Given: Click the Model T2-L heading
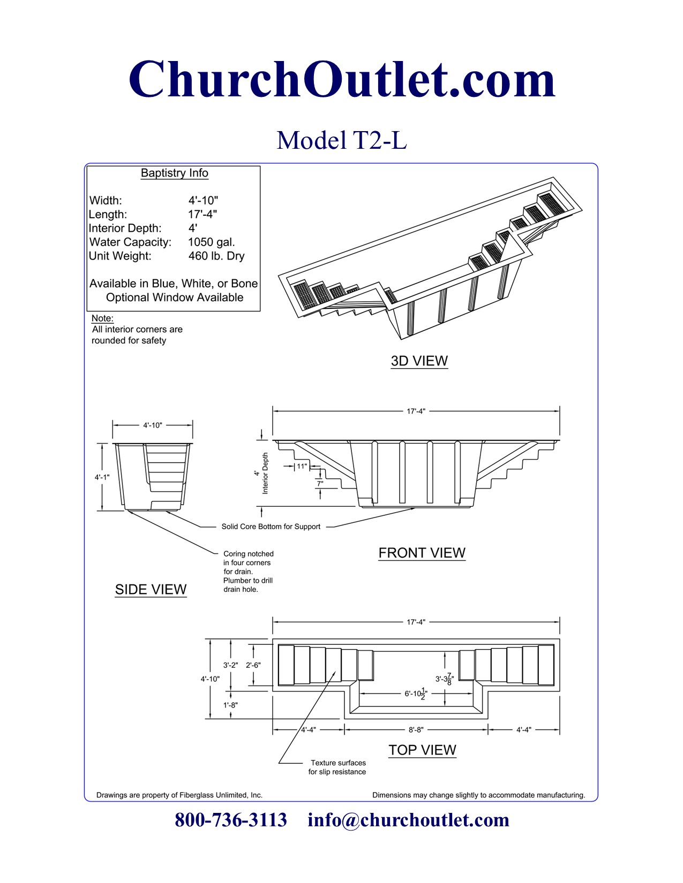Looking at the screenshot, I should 342,140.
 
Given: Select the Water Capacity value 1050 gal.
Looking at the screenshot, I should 212,242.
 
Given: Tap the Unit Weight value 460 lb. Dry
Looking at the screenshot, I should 216,256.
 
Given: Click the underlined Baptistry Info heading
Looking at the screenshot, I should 174,173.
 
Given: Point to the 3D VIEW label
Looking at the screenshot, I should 419,361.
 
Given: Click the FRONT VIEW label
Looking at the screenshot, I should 422,553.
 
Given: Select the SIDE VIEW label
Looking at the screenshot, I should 151,589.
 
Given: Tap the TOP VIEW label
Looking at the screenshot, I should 422,750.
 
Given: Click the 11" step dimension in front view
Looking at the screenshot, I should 302,466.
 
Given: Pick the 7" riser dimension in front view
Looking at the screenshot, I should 320,483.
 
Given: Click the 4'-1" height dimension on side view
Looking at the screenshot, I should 102,477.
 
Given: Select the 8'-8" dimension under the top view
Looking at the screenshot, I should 416,729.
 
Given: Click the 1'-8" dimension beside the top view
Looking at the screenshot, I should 230,705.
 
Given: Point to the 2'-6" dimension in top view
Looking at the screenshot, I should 253,665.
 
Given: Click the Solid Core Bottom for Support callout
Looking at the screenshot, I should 271,527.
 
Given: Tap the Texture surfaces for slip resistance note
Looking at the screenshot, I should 337,767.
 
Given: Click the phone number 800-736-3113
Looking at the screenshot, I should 231,820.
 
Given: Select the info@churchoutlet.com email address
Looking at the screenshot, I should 408,820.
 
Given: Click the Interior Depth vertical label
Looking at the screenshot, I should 265,473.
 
